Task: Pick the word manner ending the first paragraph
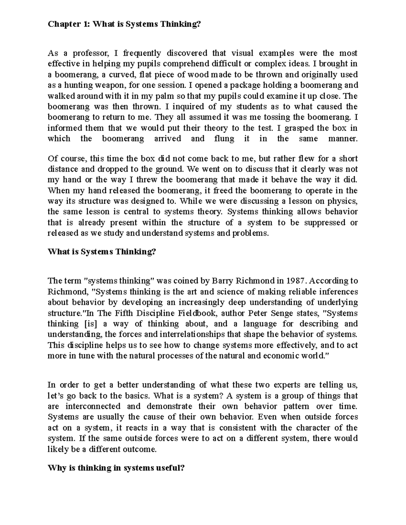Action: point(342,139)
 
